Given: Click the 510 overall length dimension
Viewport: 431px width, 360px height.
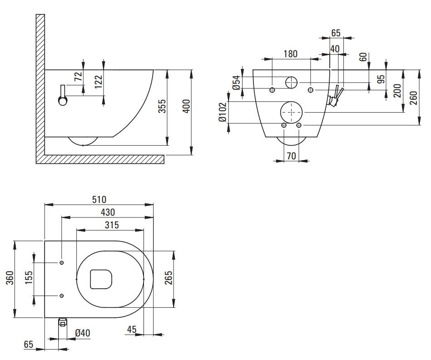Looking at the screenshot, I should coord(99,199).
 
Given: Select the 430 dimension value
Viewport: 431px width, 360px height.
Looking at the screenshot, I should coord(107,212).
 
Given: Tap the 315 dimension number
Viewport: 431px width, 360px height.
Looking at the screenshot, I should coord(110,224).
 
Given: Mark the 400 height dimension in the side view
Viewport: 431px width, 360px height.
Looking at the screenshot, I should coord(185,108).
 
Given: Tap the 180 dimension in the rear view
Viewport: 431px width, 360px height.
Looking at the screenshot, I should coord(291,54).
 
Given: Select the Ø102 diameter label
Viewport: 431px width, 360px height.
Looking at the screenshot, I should coord(222,112).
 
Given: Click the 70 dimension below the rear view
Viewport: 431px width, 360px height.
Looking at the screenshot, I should coord(291,156).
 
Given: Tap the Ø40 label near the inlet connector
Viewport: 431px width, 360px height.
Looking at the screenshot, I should coord(83,333).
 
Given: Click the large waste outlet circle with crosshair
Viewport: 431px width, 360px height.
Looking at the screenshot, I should coord(291,112).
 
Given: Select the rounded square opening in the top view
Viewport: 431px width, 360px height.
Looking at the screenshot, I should coord(101,279).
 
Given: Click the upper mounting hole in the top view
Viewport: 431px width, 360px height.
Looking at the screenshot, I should coord(62,263).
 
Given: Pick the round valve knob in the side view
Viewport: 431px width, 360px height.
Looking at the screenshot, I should coord(63,101).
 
